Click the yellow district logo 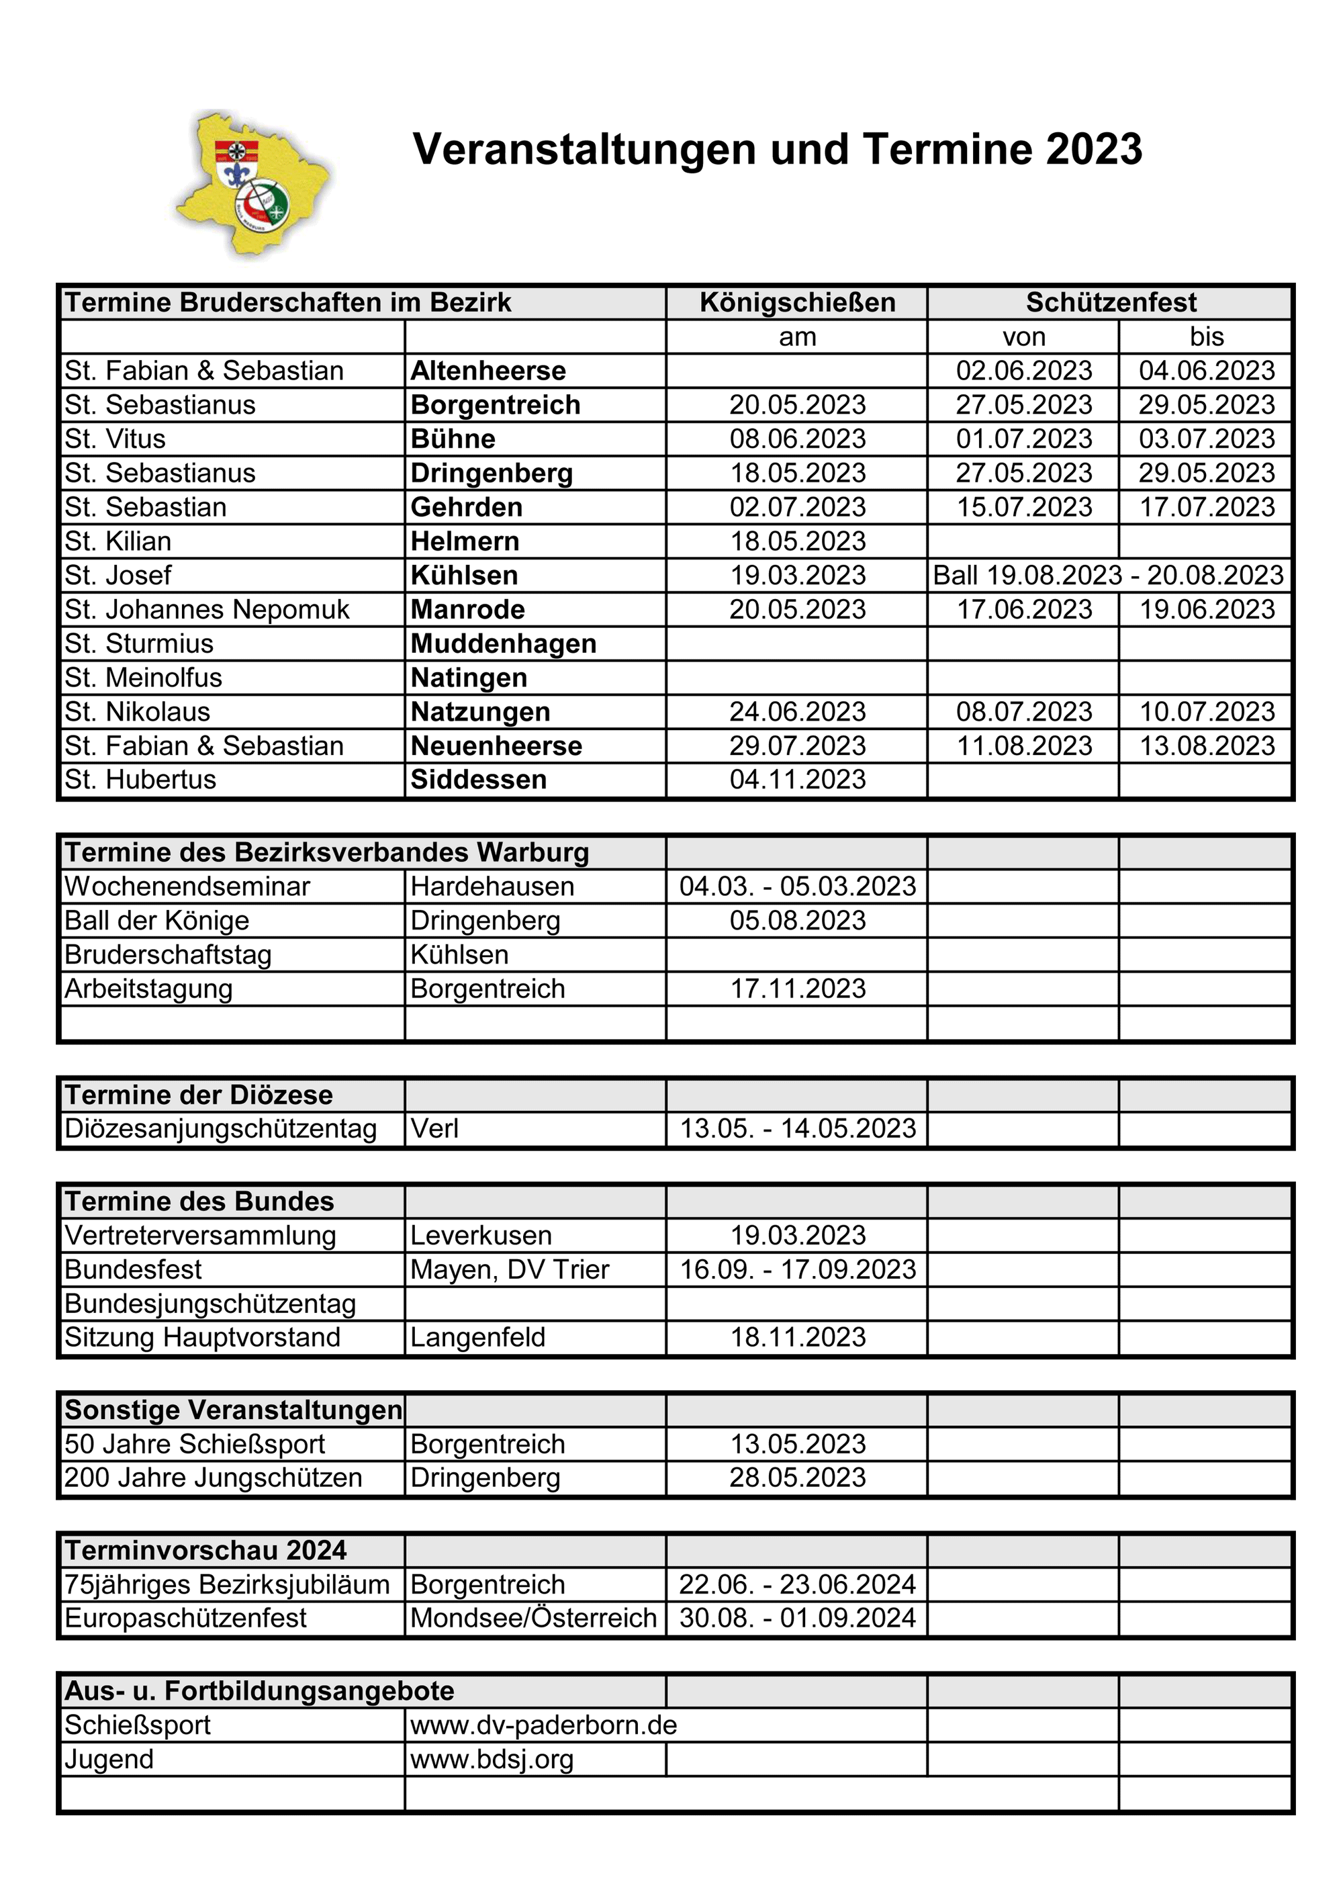[252, 185]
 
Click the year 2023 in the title [1093, 150]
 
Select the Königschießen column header [797, 303]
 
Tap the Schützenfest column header [1111, 303]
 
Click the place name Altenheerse [488, 371]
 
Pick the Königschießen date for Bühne [797, 439]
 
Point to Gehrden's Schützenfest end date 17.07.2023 [1207, 507]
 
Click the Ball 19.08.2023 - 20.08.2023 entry [1108, 575]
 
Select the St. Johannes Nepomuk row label [207, 610]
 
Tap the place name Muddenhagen [503, 644]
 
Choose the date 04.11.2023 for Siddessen [797, 780]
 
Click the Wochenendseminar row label [187, 887]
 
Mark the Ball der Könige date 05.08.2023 [797, 920]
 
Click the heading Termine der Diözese [199, 1095]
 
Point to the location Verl [434, 1129]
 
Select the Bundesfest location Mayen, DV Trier [510, 1269]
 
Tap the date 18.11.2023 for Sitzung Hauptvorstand [797, 1337]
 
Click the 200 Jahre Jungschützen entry [214, 1478]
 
